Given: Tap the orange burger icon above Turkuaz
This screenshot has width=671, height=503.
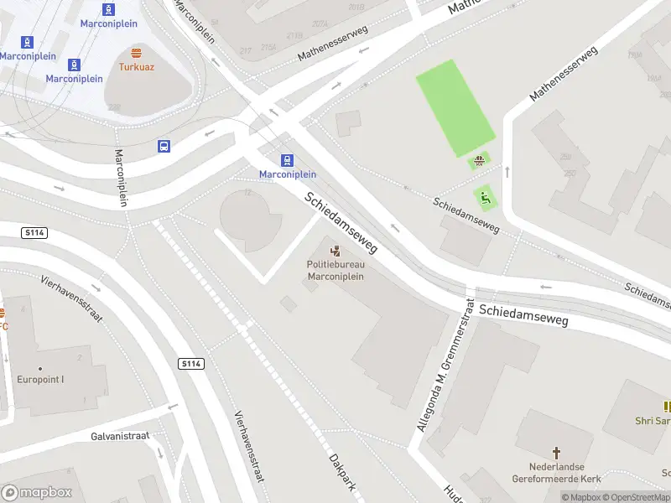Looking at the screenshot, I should [136, 53].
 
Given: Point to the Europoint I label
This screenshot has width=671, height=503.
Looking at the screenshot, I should [40, 379].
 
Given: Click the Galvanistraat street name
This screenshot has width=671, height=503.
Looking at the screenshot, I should [119, 436].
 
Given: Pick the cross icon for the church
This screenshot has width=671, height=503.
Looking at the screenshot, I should [556, 451].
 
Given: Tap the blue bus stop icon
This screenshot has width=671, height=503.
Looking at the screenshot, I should [164, 147].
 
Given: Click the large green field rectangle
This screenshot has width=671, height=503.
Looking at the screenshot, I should [455, 107].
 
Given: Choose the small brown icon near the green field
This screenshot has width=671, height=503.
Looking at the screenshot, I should [480, 161].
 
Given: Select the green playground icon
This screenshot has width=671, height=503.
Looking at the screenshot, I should [485, 199].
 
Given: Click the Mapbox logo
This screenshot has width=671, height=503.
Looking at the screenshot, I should [36, 493].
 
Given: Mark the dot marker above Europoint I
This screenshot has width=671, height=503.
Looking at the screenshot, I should [40, 368].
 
